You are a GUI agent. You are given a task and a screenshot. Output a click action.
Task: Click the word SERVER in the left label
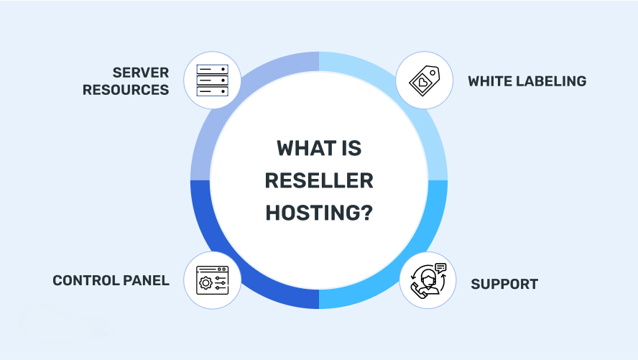click(140, 73)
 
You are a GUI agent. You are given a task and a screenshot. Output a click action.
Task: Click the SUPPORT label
click(504, 284)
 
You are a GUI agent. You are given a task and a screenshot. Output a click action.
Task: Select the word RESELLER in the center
click(319, 181)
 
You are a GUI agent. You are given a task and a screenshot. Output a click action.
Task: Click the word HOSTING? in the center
click(319, 213)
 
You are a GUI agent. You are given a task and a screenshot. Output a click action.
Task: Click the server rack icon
click(212, 80)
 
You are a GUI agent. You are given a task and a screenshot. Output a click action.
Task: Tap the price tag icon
click(425, 80)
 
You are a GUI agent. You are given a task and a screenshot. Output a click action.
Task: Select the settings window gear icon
click(213, 280)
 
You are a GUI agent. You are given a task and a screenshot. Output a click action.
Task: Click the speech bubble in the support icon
click(440, 268)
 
